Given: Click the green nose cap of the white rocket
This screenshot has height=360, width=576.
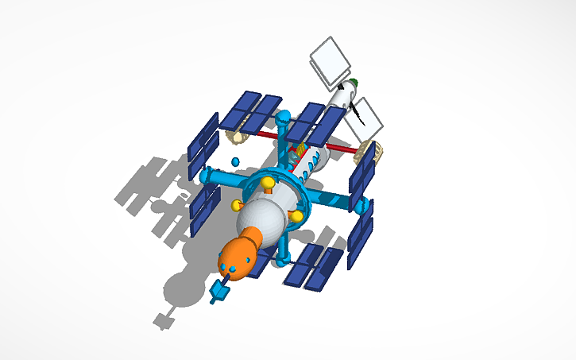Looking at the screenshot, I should pyautogui.click(x=354, y=81).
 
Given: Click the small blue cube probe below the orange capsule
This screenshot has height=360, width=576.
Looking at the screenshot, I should pyautogui.click(x=218, y=292).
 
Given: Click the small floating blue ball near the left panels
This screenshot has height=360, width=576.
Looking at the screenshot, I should pyautogui.click(x=235, y=162).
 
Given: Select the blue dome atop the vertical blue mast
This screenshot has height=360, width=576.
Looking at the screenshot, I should pyautogui.click(x=284, y=117).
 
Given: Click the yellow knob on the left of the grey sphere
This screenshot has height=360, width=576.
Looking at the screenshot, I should pyautogui.click(x=236, y=205).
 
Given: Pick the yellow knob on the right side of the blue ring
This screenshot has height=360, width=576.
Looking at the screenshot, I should pyautogui.click(x=297, y=215).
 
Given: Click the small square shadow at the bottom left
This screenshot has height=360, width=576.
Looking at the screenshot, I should pyautogui.click(x=164, y=320).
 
